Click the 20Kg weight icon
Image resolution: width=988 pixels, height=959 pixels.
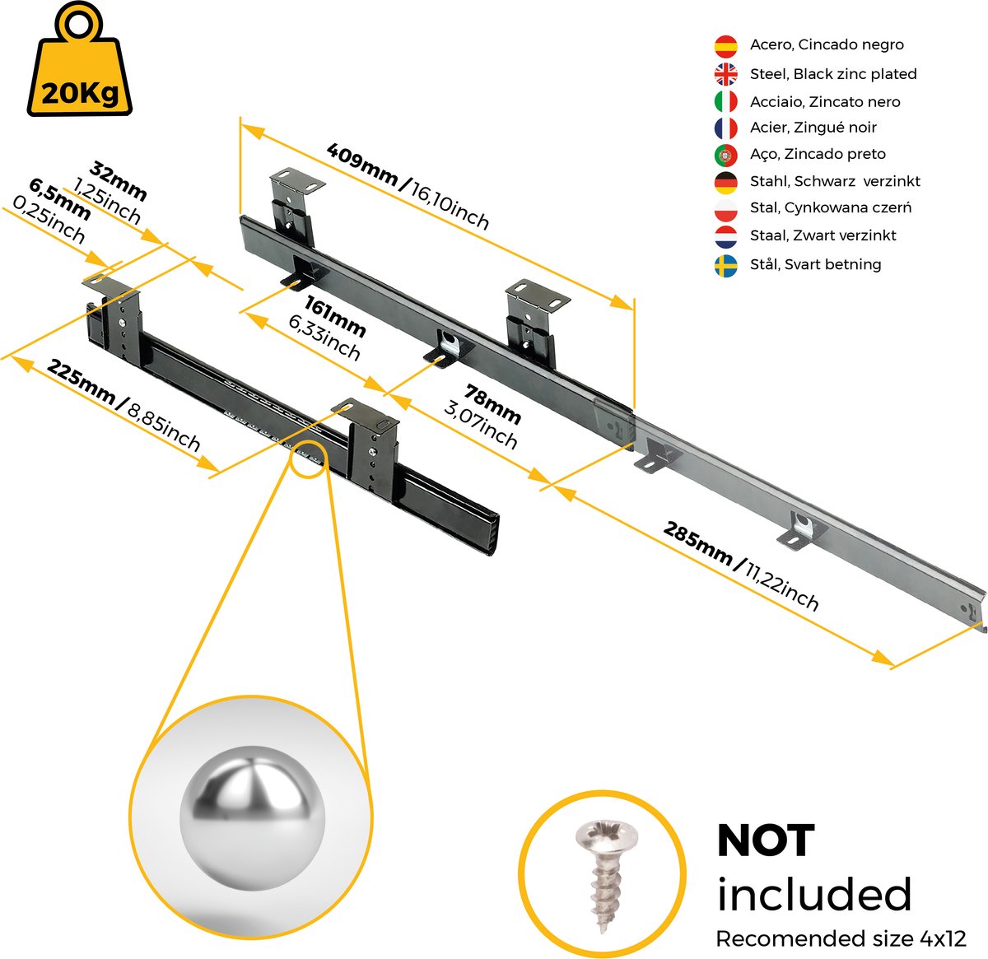(79, 60)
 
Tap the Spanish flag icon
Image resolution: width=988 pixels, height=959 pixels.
(725, 46)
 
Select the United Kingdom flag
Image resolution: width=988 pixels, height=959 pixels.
(725, 74)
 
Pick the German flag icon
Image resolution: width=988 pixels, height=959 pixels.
(725, 183)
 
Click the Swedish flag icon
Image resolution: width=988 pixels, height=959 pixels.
(725, 266)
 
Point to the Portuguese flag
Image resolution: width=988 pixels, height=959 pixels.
(725, 156)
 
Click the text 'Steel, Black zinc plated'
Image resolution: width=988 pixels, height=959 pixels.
(833, 74)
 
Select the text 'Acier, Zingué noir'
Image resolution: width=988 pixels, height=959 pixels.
(813, 128)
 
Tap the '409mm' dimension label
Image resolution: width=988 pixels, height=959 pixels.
(362, 165)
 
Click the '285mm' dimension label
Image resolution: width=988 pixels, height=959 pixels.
(697, 543)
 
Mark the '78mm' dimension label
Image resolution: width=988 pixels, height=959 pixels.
(493, 405)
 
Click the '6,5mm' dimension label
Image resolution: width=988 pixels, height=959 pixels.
(60, 199)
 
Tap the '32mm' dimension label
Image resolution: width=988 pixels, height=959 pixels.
(118, 181)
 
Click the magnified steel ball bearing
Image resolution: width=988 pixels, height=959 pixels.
(252, 818)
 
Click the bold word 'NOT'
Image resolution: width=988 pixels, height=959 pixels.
(767, 841)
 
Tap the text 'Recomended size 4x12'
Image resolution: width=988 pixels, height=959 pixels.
(841, 938)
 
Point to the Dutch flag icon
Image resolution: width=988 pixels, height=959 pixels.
(725, 237)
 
